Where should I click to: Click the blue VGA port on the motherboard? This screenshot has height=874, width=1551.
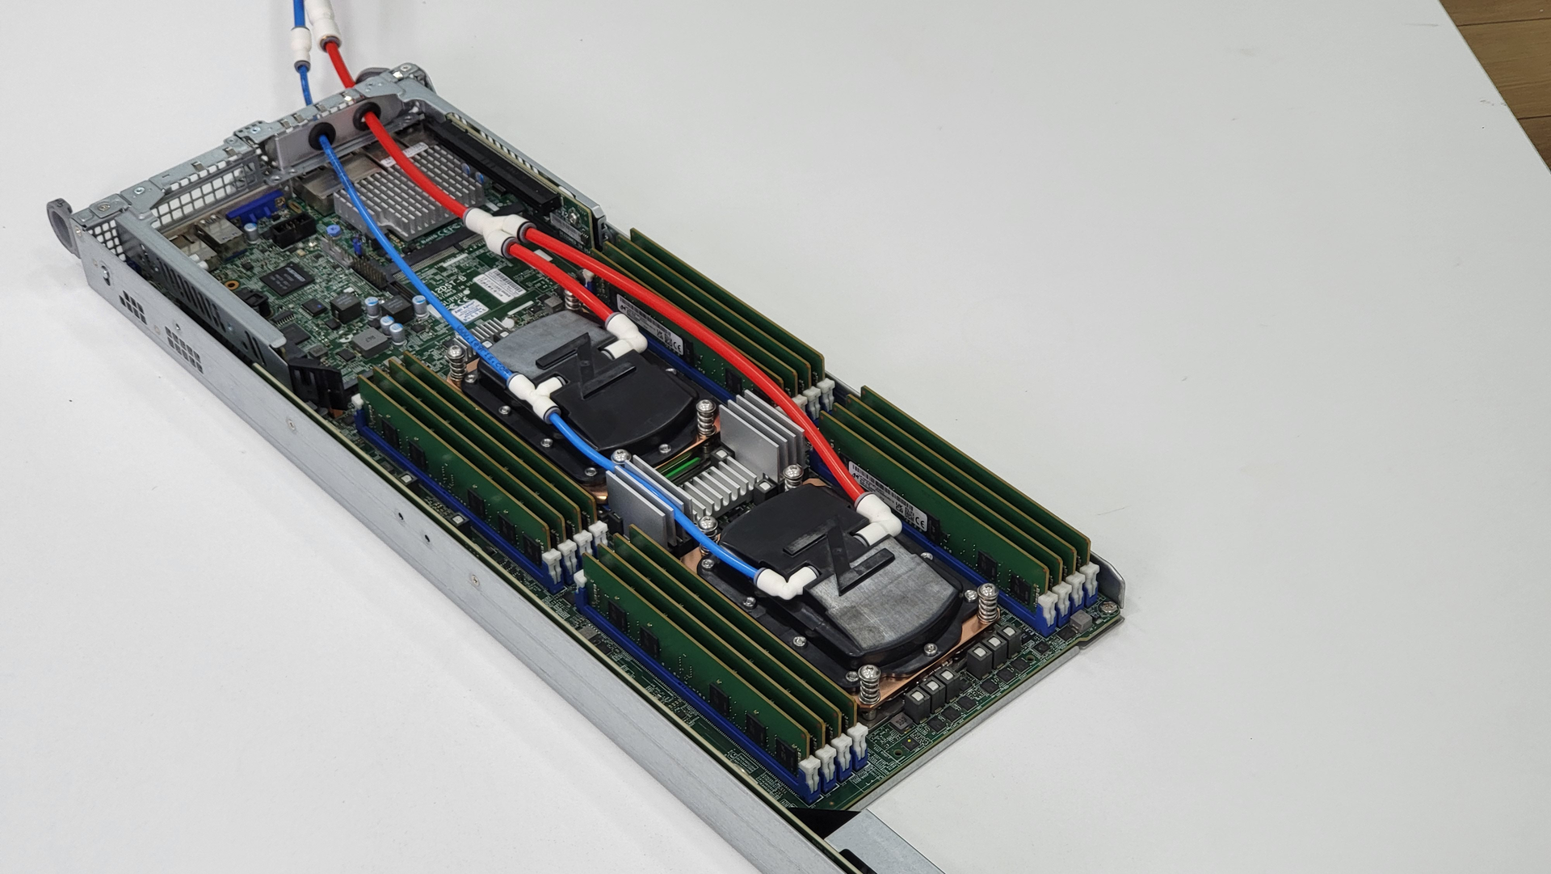pos(253,213)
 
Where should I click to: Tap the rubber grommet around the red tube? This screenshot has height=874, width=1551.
pos(366,115)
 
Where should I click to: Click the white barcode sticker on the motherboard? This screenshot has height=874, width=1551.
pos(495,284)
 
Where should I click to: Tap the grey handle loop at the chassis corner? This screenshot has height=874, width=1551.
pos(61,218)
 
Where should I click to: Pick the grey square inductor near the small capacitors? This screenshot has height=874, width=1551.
pos(370,344)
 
